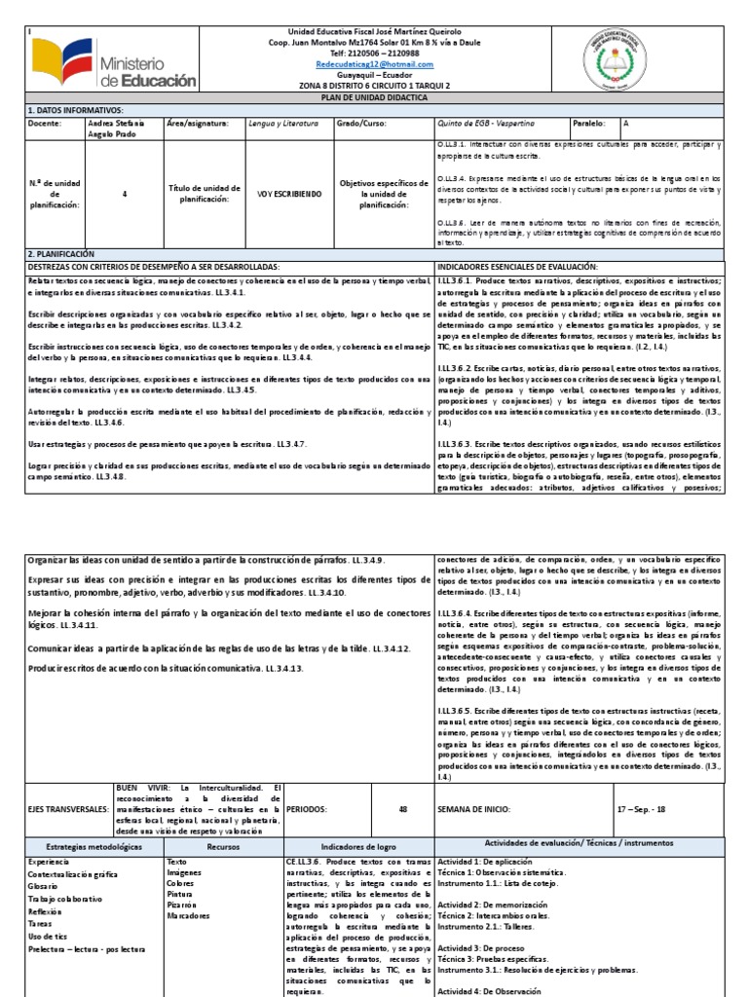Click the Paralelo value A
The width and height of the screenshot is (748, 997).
pos(626,125)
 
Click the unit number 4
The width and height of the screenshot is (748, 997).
pos(125,194)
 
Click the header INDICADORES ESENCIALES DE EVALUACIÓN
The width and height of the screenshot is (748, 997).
pos(517,266)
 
